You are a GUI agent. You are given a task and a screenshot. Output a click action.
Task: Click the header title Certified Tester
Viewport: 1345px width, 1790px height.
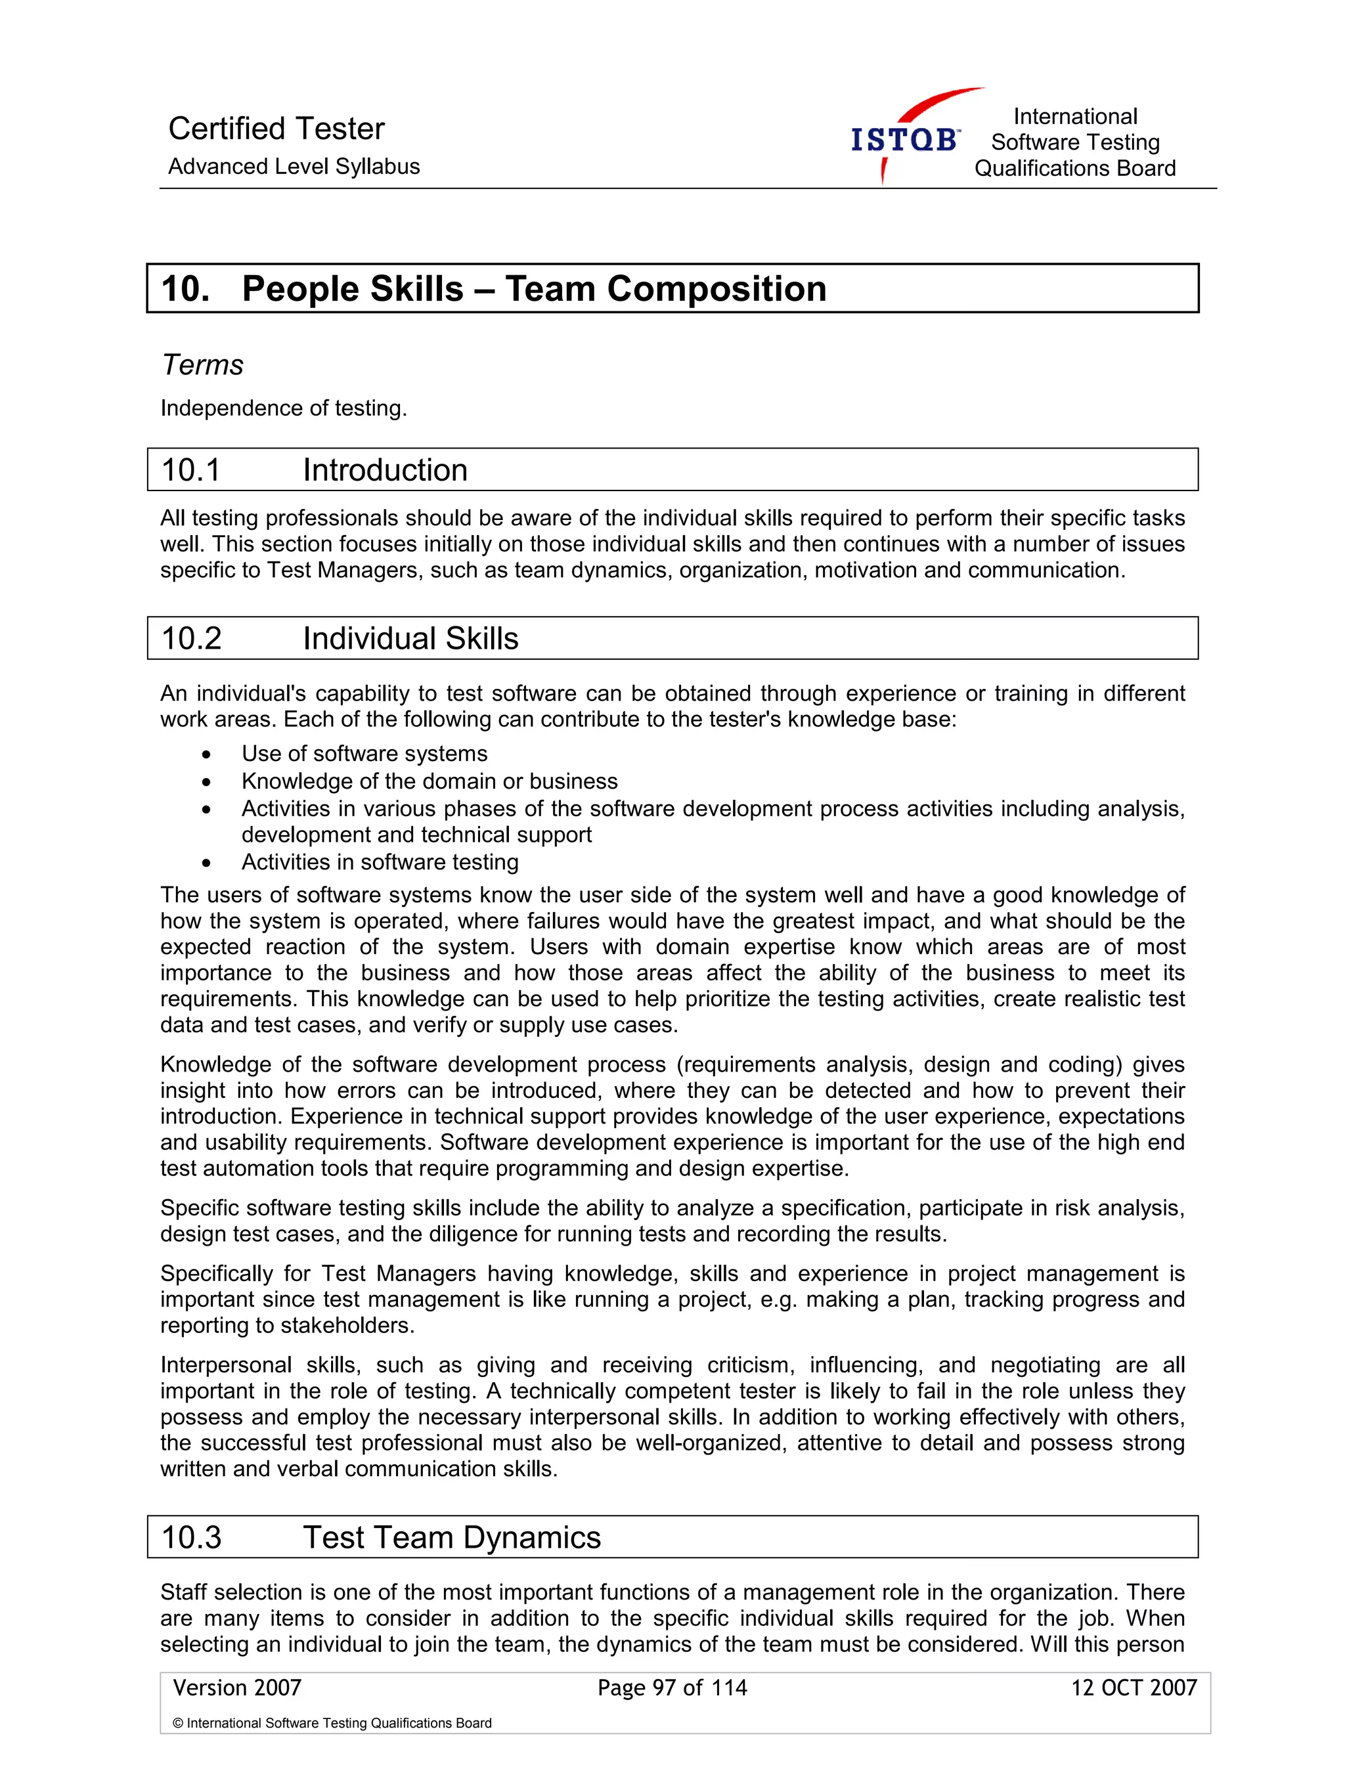coord(276,129)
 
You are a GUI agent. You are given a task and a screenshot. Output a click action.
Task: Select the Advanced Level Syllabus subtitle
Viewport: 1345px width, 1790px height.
coord(294,167)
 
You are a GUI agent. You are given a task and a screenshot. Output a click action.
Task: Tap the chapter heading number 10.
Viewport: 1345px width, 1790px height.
coord(185,289)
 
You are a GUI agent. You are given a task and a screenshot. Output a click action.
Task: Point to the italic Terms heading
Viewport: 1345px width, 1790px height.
coord(202,365)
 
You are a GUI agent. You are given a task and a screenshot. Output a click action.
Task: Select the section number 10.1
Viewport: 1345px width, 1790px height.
coord(191,470)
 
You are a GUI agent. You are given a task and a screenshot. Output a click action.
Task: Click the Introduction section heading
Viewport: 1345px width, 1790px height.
coord(386,470)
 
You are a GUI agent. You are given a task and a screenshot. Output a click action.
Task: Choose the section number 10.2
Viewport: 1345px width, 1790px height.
coord(191,638)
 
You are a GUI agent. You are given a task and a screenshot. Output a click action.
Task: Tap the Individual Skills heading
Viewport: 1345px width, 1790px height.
coord(410,638)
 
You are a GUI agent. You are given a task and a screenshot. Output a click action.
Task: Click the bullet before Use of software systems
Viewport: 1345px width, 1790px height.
coord(207,755)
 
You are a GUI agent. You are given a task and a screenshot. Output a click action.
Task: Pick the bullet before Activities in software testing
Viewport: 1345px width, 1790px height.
coord(207,863)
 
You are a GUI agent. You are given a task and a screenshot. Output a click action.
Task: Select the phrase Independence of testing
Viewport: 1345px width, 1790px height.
coord(283,408)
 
